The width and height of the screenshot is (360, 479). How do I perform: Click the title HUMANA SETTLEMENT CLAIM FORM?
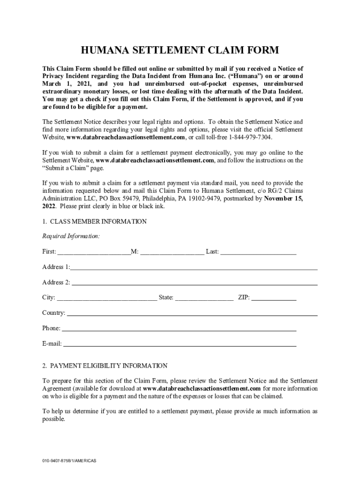click(180, 51)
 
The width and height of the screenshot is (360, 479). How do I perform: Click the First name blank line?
click(94, 253)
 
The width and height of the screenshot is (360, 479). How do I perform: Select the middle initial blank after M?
click(172, 253)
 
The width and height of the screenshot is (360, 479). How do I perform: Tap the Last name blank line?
click(258, 253)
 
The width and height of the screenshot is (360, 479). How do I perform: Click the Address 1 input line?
click(194, 269)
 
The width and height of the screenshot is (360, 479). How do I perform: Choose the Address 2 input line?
click(194, 283)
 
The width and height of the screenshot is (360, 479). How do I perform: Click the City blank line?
click(107, 298)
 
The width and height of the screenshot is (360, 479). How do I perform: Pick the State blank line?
click(204, 298)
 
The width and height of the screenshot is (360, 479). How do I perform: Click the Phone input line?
click(179, 329)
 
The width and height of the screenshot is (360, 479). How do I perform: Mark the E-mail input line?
click(180, 345)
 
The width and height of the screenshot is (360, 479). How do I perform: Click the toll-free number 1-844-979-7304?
click(248, 138)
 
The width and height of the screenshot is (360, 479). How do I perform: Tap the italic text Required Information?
click(71, 237)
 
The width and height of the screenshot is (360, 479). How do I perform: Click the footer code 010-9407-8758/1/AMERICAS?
click(69, 461)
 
